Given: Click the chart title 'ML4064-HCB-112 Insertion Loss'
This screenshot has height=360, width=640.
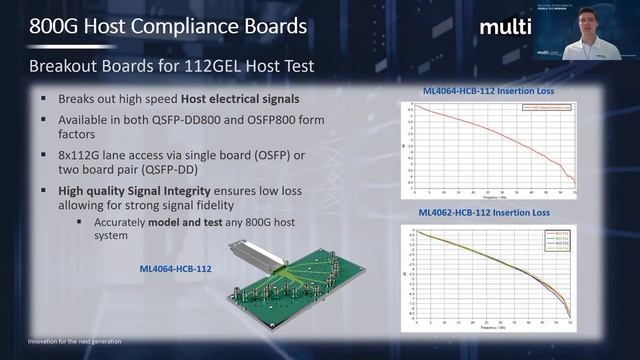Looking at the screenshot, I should pos(488,91).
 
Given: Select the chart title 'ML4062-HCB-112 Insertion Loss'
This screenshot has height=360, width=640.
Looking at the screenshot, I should pos(488,213).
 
